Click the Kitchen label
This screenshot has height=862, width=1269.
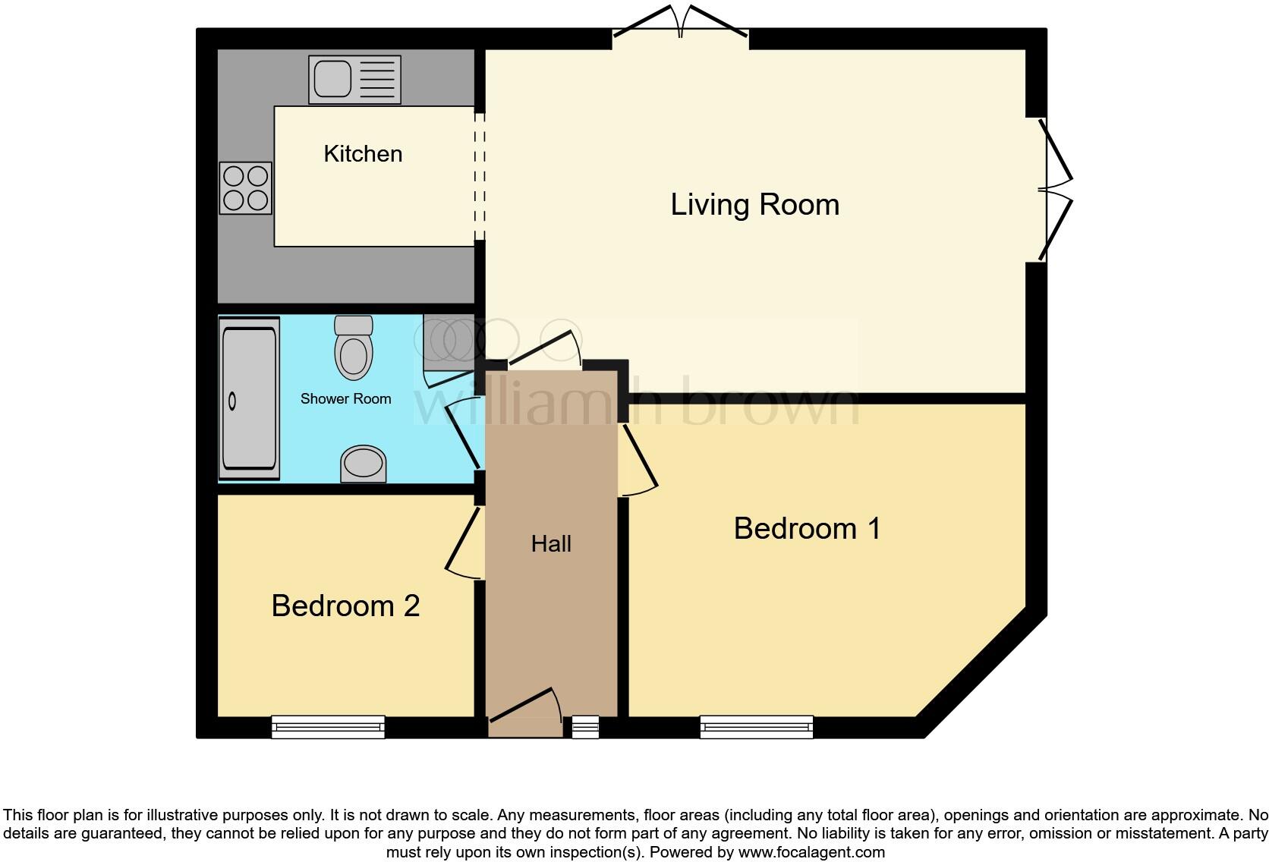(363, 154)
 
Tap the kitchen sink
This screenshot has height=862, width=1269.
(354, 79)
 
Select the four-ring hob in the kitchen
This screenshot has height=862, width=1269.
(246, 188)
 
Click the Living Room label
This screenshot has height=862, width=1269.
(754, 205)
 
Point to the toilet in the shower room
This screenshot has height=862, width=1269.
(354, 348)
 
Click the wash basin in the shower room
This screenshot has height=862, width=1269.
(363, 463)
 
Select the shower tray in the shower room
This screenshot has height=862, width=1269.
(249, 399)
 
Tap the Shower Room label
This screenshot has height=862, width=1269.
(345, 399)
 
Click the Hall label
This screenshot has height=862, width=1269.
(551, 544)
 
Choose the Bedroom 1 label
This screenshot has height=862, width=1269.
(807, 529)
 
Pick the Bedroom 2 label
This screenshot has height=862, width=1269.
(345, 606)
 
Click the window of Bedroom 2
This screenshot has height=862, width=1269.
(329, 727)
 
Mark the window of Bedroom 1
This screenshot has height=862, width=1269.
(757, 727)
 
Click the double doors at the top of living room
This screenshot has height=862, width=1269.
(681, 23)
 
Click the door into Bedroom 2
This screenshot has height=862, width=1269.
(463, 540)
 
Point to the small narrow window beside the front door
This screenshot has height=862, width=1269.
(585, 727)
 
